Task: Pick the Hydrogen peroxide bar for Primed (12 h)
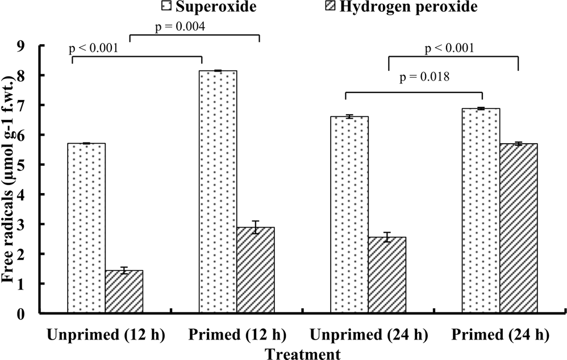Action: point(255,270)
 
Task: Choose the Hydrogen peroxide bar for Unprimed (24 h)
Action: point(387,275)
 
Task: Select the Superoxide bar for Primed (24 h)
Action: point(481,211)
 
